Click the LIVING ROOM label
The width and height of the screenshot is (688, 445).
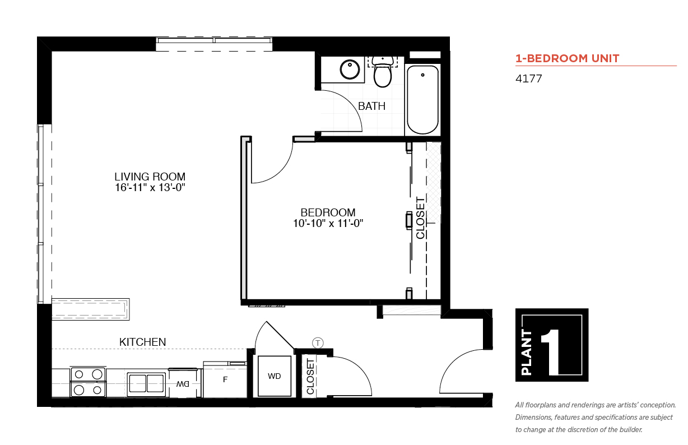coord(150,177)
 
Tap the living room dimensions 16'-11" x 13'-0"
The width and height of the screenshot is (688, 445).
coord(150,187)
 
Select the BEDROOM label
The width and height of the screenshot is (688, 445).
coord(328,212)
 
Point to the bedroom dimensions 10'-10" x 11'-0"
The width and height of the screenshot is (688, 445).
coord(328,223)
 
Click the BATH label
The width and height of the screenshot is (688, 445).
coord(371,106)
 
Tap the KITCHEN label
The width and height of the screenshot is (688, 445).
coord(142,342)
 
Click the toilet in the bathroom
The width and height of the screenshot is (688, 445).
coord(383,72)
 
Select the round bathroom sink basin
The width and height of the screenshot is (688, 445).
coord(350,69)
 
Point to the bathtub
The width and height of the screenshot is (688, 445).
coord(422,100)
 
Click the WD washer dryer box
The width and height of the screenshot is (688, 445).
coord(275,376)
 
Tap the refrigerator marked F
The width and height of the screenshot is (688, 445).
coord(225,380)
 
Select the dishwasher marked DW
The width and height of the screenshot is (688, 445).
coord(183,383)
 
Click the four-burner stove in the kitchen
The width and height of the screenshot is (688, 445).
coord(88,382)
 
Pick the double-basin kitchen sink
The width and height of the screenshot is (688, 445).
coord(146,383)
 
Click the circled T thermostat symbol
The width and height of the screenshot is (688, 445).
coord(318,342)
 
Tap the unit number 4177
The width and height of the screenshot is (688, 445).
coord(528,79)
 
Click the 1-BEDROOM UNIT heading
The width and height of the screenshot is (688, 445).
coord(568,58)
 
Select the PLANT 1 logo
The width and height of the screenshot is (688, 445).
coord(552,345)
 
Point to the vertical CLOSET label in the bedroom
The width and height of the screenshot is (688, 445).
coord(420,218)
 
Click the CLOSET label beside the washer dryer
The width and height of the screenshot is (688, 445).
coord(310,377)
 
